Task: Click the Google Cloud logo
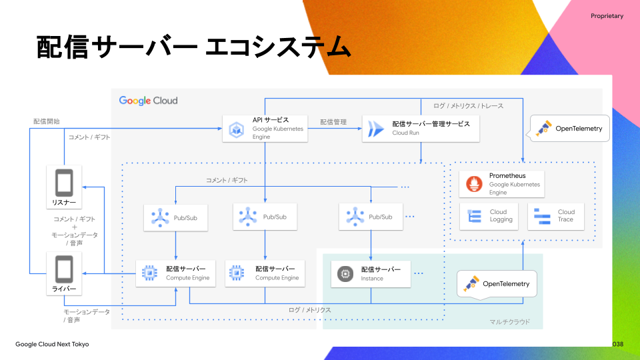point(148,101)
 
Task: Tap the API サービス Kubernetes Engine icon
point(236,129)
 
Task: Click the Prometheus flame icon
point(474,184)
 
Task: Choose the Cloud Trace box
point(555,216)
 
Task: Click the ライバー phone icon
point(65,269)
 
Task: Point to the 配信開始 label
point(47,121)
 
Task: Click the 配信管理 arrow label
point(333,122)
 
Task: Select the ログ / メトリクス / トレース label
point(468,106)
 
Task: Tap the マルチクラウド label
point(510,321)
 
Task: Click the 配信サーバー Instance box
point(371,273)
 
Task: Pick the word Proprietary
point(607,16)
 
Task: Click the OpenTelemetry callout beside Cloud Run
point(570,129)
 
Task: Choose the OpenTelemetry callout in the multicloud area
point(497,284)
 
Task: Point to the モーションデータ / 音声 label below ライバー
point(87,316)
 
